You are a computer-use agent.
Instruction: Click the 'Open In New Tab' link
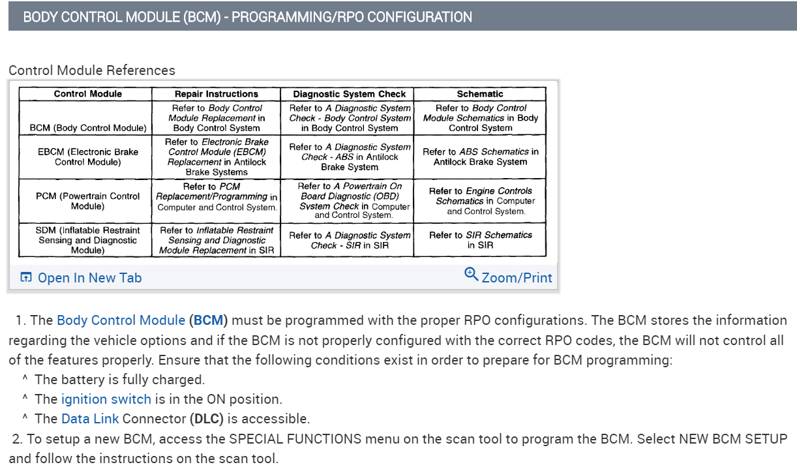(x=89, y=278)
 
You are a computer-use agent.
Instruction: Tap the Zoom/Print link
(x=517, y=278)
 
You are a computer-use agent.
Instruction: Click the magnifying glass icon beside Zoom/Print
(x=471, y=275)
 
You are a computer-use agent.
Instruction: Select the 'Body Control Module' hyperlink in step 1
(x=121, y=320)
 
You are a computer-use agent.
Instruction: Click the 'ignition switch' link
(x=106, y=399)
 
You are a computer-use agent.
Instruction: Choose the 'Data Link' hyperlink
(x=90, y=419)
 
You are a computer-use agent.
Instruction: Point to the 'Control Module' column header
(x=88, y=94)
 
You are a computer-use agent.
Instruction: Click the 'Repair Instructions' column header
(x=217, y=94)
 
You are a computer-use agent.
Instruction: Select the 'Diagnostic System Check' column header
(x=350, y=94)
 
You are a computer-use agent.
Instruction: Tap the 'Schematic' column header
(x=480, y=94)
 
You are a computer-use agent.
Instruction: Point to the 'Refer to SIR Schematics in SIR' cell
(x=480, y=240)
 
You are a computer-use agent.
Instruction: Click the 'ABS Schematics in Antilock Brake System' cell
(x=480, y=157)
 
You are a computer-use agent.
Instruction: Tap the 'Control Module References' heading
(x=92, y=70)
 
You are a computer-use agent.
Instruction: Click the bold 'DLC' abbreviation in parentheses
(x=206, y=419)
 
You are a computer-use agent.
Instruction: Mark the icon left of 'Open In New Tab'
(x=26, y=277)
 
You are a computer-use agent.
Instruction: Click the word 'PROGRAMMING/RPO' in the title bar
(x=297, y=17)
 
